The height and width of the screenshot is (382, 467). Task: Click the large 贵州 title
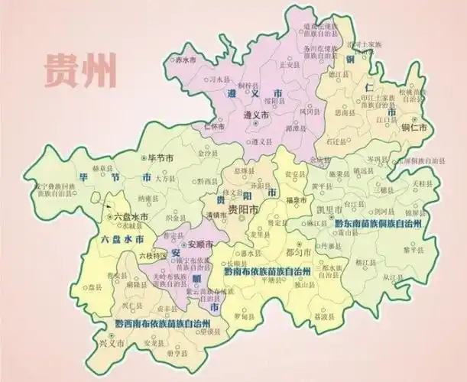(x=80, y=70)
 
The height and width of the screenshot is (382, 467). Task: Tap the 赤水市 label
(x=186, y=59)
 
